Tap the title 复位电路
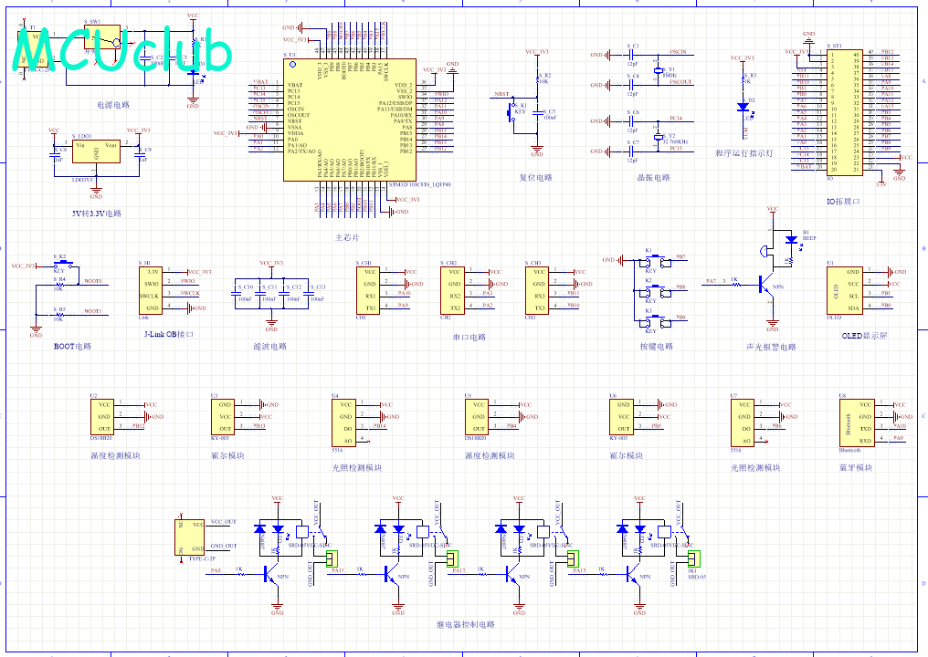pyautogui.click(x=536, y=178)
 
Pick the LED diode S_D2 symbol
pyautogui.click(x=742, y=106)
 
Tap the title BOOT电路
pyautogui.click(x=72, y=347)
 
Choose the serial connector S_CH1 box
pyautogui.click(x=369, y=288)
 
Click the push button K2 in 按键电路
pyautogui.click(x=651, y=289)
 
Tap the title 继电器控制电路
pyautogui.click(x=465, y=625)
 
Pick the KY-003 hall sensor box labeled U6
pyautogui.click(x=624, y=416)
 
